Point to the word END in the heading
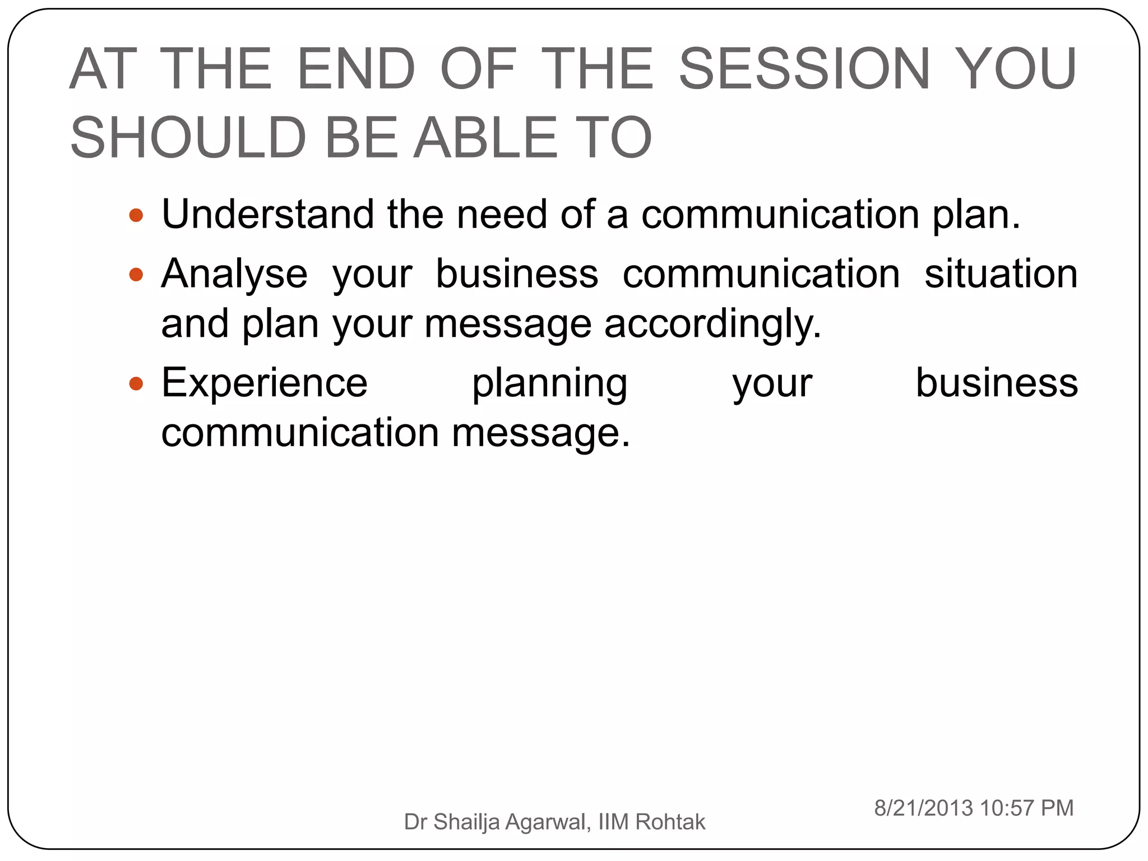(356, 69)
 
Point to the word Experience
(265, 383)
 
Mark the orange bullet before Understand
(136, 215)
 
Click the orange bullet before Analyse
(136, 274)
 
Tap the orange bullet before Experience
(136, 383)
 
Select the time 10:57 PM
(1027, 808)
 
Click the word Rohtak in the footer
(670, 822)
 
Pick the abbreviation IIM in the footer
(614, 822)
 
